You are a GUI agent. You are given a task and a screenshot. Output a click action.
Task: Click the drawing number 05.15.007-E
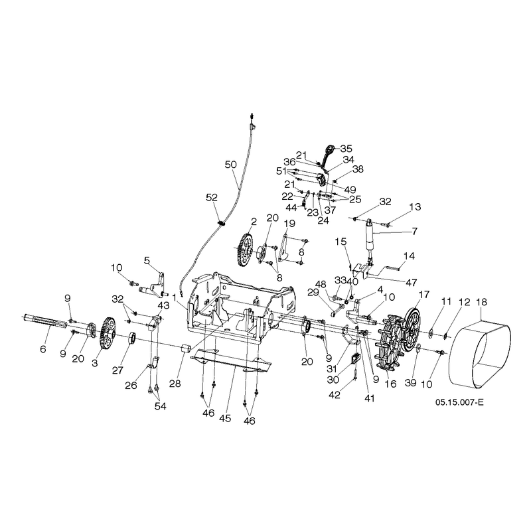[459, 402]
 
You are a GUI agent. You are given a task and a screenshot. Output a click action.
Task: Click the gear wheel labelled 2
[244, 250]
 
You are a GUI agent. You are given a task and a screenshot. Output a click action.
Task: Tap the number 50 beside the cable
[230, 165]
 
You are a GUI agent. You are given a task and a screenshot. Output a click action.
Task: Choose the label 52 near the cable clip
[212, 197]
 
